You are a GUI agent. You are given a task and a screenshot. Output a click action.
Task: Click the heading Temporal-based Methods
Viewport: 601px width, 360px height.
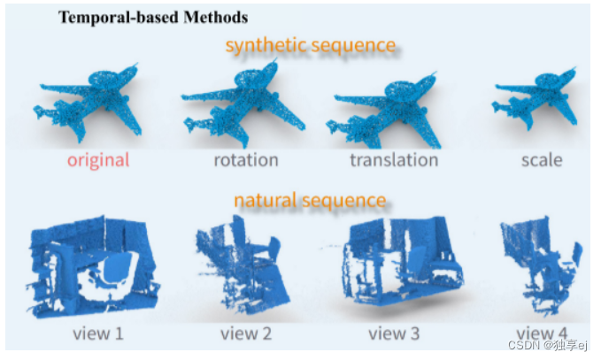tap(153, 17)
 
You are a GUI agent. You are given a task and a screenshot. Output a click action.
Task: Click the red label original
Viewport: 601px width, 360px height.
tap(97, 160)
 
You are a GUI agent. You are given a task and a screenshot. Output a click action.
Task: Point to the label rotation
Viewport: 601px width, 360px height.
tap(245, 160)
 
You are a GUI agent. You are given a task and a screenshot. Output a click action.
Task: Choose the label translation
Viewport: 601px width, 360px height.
tap(394, 160)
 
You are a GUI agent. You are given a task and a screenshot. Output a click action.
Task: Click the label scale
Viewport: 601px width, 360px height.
tap(543, 160)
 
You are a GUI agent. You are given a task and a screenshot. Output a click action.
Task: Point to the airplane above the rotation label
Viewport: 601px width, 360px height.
tap(239, 102)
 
